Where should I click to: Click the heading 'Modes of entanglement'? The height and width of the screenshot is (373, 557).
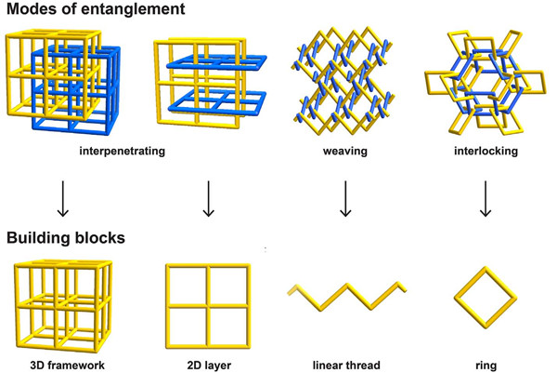pyautogui.click(x=96, y=9)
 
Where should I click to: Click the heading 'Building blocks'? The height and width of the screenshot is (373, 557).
pyautogui.click(x=66, y=238)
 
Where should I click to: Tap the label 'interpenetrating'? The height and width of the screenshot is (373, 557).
pyautogui.click(x=123, y=151)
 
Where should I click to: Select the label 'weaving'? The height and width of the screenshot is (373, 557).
pyautogui.click(x=345, y=151)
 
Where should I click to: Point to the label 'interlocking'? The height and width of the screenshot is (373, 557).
pyautogui.click(x=486, y=151)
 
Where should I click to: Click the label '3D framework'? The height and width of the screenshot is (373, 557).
pyautogui.click(x=67, y=366)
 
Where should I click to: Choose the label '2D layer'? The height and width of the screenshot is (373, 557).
pyautogui.click(x=209, y=366)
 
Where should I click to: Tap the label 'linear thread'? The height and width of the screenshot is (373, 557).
pyautogui.click(x=346, y=366)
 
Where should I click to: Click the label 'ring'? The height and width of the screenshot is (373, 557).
pyautogui.click(x=486, y=366)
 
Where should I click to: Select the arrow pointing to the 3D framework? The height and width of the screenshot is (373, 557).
pyautogui.click(x=63, y=199)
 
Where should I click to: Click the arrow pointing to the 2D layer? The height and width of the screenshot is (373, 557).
pyautogui.click(x=209, y=199)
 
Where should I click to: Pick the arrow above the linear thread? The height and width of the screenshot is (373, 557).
pyautogui.click(x=345, y=199)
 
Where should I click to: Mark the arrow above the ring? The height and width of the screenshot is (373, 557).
pyautogui.click(x=486, y=199)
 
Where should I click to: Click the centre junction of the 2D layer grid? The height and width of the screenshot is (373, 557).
pyautogui.click(x=208, y=305)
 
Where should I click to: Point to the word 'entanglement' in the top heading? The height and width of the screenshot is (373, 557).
pyautogui.click(x=138, y=9)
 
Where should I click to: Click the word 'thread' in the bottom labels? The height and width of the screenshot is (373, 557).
pyautogui.click(x=362, y=366)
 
